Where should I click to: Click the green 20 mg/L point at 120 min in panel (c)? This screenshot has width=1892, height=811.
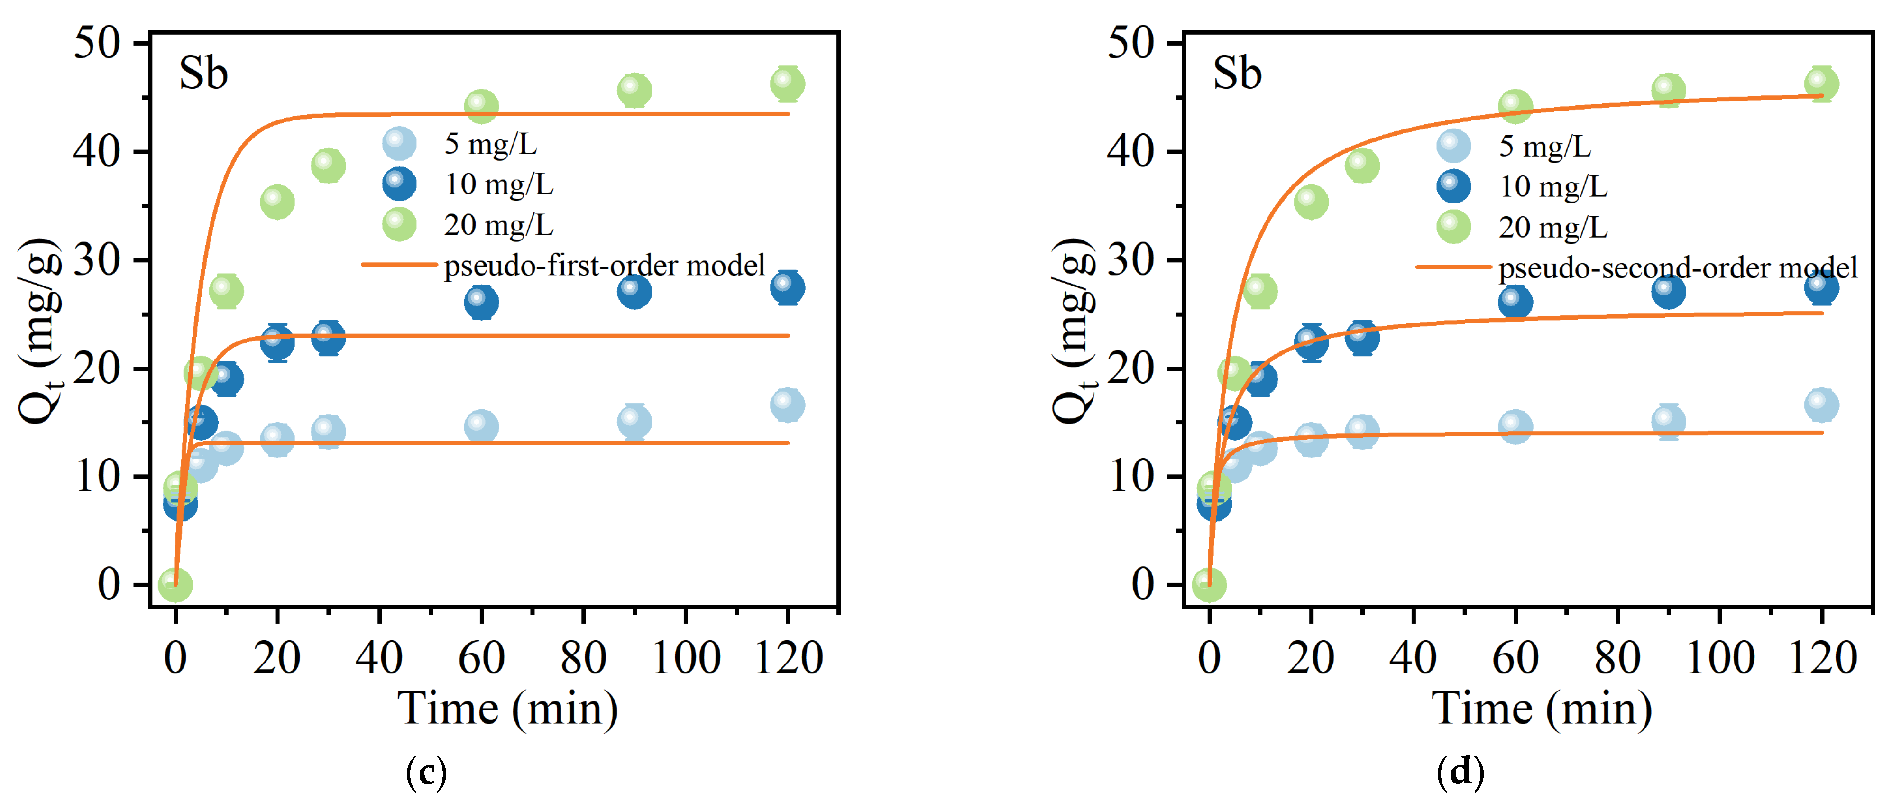click(x=787, y=84)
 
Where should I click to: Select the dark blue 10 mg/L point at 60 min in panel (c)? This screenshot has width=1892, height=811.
click(x=481, y=302)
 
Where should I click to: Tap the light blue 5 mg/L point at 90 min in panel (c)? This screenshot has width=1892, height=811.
click(x=634, y=422)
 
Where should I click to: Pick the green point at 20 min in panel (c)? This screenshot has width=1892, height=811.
click(x=277, y=202)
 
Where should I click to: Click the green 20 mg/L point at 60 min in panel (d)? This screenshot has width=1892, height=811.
click(x=1515, y=107)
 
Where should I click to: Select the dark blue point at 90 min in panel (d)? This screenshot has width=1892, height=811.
click(x=1668, y=292)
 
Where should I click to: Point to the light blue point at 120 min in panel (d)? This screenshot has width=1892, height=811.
click(x=1821, y=405)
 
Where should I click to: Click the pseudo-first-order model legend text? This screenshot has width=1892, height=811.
click(x=604, y=265)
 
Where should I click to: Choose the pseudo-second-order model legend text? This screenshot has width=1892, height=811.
click(x=1678, y=268)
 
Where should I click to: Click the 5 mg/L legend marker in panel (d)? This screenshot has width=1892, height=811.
click(x=1453, y=146)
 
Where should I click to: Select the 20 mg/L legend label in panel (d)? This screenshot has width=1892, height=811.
click(x=1552, y=228)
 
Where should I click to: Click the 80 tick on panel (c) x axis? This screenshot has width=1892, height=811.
click(x=583, y=657)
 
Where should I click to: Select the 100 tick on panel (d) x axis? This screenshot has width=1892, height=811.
click(x=1719, y=657)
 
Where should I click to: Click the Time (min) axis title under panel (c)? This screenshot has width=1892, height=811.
click(x=507, y=710)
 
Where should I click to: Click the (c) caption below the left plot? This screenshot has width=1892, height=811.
click(x=425, y=772)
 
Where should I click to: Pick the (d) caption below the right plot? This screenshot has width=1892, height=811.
click(x=1460, y=772)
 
